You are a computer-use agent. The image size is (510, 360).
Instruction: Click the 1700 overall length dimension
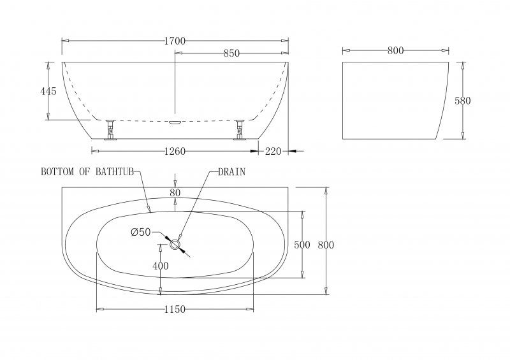pos(175,41)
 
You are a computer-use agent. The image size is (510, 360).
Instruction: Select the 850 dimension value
pos(231,54)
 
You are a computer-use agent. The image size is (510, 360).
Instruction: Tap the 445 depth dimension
pos(48,91)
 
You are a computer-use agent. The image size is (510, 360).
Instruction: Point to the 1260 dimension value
pos(175,152)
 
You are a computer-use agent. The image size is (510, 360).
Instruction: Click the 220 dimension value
pos(273,152)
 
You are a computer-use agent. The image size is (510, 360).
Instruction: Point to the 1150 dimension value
pos(175,310)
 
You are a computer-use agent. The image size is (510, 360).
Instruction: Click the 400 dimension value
pos(161,266)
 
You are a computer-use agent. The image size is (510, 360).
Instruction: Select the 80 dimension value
pos(175,192)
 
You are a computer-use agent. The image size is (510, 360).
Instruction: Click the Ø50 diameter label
pos(140,233)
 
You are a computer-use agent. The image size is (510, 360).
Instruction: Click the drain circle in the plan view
pos(175,245)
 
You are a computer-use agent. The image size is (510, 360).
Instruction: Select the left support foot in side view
pos(111,129)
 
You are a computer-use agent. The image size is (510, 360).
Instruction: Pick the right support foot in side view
pos(240,129)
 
